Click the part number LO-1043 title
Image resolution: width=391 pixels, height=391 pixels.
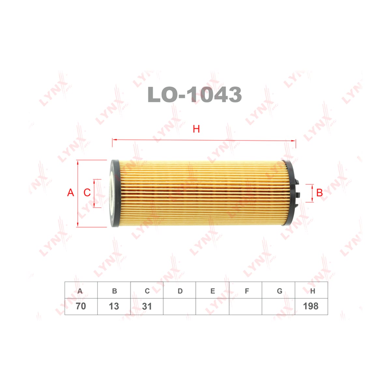tap(195, 94)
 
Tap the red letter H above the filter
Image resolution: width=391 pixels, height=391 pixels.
tap(196, 129)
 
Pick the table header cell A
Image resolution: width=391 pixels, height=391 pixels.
tap(81, 291)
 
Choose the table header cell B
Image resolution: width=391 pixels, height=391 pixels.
tap(114, 291)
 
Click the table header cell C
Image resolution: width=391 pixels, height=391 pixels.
tap(147, 291)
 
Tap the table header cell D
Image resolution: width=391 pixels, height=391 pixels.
tap(180, 291)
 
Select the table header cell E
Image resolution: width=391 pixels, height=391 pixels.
tap(212, 291)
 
